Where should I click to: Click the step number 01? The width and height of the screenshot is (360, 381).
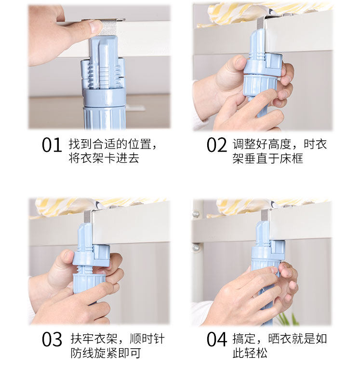coord(52,145)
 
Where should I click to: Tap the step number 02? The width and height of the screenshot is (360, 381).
coord(216,145)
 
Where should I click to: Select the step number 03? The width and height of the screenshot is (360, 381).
coord(52,340)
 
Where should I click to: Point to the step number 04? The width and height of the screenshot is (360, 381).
coord(217,340)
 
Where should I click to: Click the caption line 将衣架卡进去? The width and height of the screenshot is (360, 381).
coord(104,158)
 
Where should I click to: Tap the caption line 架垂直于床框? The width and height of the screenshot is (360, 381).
coord(267,158)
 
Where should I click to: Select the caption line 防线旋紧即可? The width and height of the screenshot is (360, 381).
coord(106,353)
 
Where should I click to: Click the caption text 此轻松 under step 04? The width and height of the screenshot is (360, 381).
coord(250,353)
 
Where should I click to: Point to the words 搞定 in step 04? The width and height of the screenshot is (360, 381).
coord(244,339)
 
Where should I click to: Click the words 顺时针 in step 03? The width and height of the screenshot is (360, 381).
coord(147,339)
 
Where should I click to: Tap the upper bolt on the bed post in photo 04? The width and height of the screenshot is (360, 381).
coord(196,214)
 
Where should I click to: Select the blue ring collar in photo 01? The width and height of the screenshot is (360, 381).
coord(105,98)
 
